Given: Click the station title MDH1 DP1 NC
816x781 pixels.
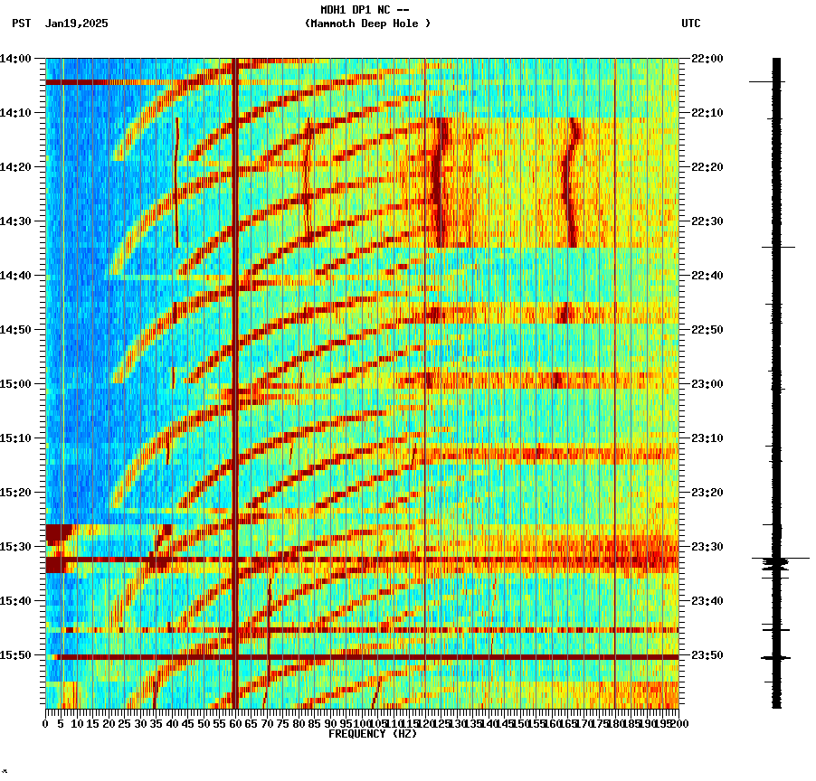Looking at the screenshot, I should [367, 10].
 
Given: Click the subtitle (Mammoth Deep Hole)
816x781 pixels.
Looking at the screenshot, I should [367, 24].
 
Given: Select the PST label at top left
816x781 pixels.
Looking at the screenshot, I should [22, 24].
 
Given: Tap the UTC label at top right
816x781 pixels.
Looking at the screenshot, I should [691, 24].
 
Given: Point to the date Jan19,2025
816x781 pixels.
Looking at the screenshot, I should [76, 24].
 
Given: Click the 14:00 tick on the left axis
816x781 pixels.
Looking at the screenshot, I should [16, 59].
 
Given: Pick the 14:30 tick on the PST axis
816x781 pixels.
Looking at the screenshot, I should [16, 221].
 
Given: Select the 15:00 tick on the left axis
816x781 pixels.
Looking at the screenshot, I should [16, 384].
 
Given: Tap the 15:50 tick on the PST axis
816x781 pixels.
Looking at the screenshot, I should [16, 655].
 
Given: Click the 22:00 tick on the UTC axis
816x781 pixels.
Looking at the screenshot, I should [707, 59].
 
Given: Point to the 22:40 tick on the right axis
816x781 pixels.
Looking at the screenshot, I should [707, 276].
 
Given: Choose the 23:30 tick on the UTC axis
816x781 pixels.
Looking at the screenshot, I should [707, 547].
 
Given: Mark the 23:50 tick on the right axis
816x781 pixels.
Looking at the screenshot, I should [707, 655].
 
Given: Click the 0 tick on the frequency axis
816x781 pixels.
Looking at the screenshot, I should [46, 723].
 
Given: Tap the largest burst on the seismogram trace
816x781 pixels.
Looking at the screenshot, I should [776, 561].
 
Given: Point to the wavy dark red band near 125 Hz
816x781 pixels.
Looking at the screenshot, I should [440, 181].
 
